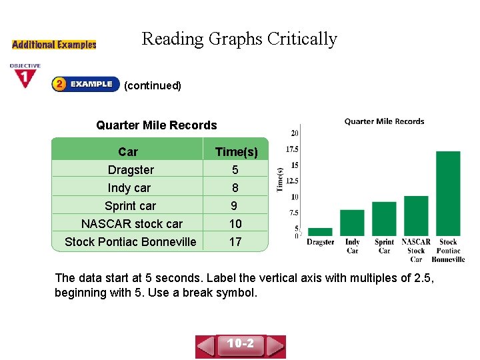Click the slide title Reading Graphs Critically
239,39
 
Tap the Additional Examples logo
54,45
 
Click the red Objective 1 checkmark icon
25,77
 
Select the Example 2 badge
85,84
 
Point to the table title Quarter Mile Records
157,125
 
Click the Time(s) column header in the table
236,152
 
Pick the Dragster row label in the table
131,170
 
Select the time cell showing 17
235,241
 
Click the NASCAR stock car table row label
131,223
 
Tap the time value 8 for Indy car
235,188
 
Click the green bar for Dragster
320,231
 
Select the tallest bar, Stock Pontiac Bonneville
448,193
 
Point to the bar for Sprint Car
384,218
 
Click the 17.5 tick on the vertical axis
292,149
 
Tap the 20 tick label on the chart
294,133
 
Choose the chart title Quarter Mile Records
384,121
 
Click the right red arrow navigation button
276,346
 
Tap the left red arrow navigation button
206,346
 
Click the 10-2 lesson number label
241,344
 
